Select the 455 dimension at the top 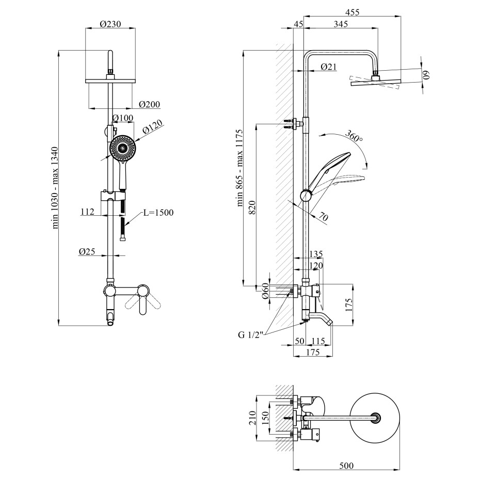tap(353, 12)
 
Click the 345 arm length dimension tap(340, 24)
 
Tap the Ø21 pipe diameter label tap(328, 67)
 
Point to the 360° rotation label tap(355, 138)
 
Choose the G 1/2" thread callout tap(251, 334)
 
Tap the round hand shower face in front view tap(123, 148)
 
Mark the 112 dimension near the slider tap(87, 212)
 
